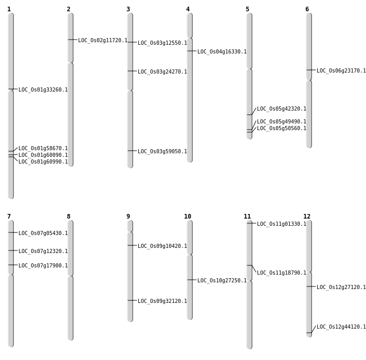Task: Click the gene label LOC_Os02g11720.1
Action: (x=103, y=41)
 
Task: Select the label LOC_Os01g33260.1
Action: (x=43, y=89)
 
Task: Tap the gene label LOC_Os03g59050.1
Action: (x=162, y=151)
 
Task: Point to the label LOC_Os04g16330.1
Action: (x=222, y=51)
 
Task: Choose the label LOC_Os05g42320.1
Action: (x=282, y=109)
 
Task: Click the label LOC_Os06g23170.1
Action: (x=341, y=71)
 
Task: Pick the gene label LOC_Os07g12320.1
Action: (x=43, y=251)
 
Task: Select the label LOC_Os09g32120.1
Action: (x=162, y=301)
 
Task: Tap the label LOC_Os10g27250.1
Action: (x=222, y=280)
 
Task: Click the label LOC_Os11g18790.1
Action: (x=282, y=273)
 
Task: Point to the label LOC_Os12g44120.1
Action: (x=341, y=327)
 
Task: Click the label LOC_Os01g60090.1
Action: (x=43, y=155)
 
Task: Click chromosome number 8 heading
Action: (x=69, y=217)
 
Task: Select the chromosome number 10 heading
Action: (x=188, y=217)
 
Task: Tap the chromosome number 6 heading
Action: (x=307, y=9)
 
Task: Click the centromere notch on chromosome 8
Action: (x=70, y=276)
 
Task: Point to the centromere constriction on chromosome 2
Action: (x=70, y=63)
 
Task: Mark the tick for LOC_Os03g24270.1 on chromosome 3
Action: (x=132, y=71)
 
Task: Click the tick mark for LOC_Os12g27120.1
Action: (x=311, y=286)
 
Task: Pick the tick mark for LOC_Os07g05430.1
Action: (x=13, y=232)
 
